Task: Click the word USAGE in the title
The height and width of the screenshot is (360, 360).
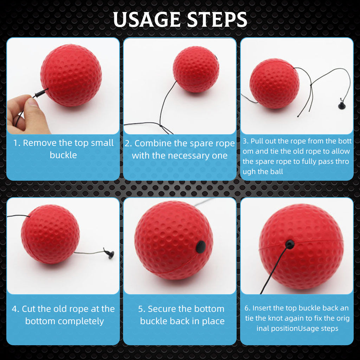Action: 147,19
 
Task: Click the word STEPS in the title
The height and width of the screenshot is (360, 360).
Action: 217,19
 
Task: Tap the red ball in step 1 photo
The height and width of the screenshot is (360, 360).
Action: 71,75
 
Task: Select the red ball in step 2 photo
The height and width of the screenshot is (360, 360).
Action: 196,69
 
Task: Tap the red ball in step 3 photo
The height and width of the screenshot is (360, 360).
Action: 274,83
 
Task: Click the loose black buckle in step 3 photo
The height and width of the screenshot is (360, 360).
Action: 342,105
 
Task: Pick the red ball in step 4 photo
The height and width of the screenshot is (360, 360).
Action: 50,234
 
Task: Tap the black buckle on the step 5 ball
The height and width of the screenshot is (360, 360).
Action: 201,247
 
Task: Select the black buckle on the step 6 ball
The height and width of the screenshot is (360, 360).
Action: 290,244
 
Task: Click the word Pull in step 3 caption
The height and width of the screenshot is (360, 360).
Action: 256,141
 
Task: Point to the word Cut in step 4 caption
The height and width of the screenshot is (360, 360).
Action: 28,309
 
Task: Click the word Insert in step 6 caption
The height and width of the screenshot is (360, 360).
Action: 262,308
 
